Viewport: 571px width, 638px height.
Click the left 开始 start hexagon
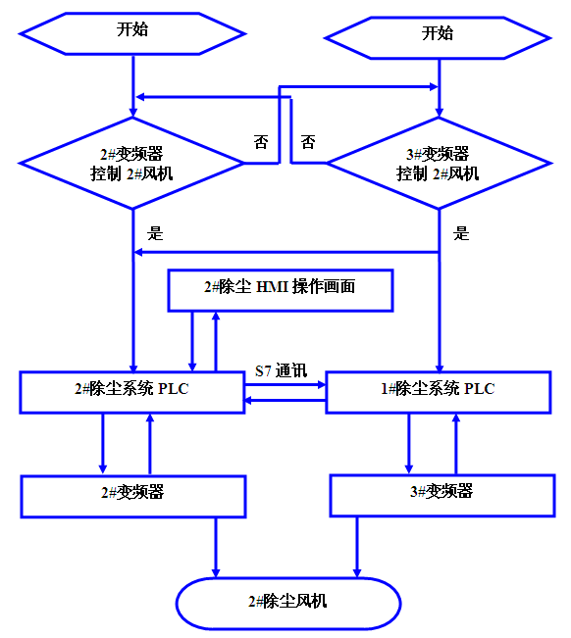pos(132,30)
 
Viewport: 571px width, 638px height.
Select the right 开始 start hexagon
pos(438,34)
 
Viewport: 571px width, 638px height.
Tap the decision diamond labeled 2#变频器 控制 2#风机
pos(132,164)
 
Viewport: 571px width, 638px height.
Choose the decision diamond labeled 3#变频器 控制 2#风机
pos(438,164)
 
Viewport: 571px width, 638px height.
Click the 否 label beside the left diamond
pos(261,142)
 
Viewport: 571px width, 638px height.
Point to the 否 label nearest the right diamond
pos(308,142)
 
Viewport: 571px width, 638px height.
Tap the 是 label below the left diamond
pos(155,233)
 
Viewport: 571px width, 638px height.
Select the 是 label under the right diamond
pos(462,233)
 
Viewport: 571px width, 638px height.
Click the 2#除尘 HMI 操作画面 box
pos(281,289)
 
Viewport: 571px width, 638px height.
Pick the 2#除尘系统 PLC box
pos(132,390)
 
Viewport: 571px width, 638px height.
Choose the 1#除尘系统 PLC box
pos(438,390)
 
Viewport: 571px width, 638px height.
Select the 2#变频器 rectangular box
pos(132,495)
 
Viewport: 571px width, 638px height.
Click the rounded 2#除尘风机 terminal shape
pos(287,602)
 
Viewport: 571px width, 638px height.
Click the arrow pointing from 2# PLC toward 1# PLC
pos(285,385)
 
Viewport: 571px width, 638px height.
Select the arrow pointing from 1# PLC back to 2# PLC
pos(285,400)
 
